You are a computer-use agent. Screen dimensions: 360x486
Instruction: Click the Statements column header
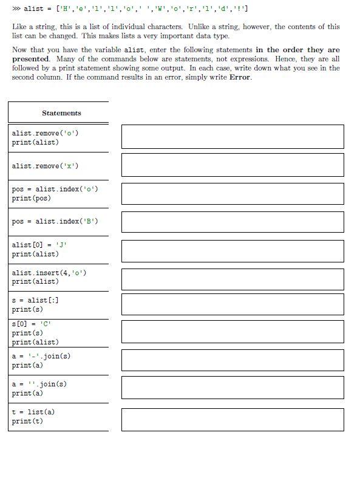[x=61, y=113]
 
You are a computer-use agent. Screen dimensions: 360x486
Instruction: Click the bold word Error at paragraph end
[x=240, y=78]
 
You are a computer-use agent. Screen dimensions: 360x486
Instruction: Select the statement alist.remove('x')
[x=45, y=166]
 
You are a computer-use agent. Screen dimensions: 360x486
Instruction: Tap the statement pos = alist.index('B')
[x=55, y=221]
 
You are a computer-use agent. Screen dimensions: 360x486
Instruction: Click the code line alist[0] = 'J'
[x=39, y=245]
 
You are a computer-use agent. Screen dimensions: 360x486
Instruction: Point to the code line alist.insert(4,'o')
[x=49, y=273]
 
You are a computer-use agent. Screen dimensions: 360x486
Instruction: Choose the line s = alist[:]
[x=35, y=300]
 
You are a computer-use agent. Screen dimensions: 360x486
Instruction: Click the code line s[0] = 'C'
[x=31, y=324]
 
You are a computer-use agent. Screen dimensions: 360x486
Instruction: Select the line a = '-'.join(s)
[x=41, y=356]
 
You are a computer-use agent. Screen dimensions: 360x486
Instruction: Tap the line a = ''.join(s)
[x=39, y=384]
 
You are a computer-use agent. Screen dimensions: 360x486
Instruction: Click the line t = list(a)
[x=33, y=412]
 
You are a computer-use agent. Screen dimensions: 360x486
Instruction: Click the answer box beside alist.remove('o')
[x=233, y=137]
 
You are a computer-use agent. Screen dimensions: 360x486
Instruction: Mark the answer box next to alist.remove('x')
[x=233, y=165]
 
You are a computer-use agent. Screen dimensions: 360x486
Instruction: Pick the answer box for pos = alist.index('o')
[x=233, y=194]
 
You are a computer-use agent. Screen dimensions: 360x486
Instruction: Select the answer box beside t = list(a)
[x=233, y=420]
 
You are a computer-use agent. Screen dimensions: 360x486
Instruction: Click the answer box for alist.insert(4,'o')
[x=233, y=279]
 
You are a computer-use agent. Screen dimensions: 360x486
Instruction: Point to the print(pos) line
[x=32, y=198]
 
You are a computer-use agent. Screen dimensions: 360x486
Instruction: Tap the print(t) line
[x=27, y=421]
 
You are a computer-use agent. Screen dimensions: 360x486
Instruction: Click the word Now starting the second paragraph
[x=19, y=50]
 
